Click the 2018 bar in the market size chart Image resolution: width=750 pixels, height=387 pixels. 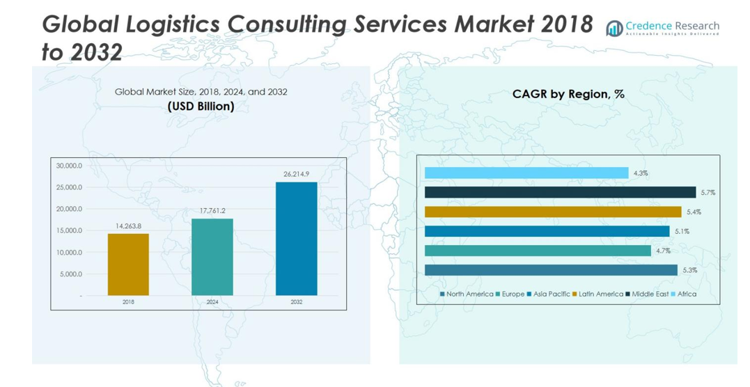tap(128, 264)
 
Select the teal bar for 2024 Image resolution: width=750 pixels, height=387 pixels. tap(212, 257)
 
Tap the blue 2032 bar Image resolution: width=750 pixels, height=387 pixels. tap(296, 239)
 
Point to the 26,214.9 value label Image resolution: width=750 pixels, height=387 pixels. tap(296, 174)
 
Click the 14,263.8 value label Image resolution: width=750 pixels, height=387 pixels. tap(128, 226)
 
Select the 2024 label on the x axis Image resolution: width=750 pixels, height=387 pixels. tap(212, 303)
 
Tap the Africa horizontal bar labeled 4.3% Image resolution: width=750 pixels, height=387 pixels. tap(526, 173)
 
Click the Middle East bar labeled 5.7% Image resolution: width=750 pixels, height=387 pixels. tap(560, 192)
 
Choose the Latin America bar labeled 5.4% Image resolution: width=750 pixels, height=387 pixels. tap(553, 212)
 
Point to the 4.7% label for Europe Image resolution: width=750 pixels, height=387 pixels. tap(662, 251)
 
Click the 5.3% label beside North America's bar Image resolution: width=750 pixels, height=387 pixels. tap(689, 270)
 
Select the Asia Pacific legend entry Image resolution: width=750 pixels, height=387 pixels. tap(549, 294)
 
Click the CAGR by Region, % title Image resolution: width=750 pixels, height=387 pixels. tap(568, 94)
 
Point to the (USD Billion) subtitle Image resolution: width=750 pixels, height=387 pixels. tap(201, 106)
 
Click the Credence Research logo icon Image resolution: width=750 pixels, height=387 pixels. tap(614, 28)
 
